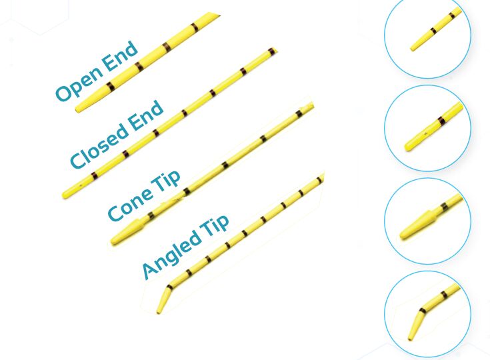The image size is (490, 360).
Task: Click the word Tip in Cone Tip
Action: click(166, 182)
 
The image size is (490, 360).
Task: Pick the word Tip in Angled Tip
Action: click(215, 226)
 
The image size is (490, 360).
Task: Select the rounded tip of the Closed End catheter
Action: click(66, 194)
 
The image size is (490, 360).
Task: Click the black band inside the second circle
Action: click(441, 120)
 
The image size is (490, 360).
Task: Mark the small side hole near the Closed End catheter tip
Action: click(81, 185)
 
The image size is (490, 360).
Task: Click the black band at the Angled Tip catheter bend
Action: click(170, 287)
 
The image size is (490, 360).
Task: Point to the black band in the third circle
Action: click(444, 207)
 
